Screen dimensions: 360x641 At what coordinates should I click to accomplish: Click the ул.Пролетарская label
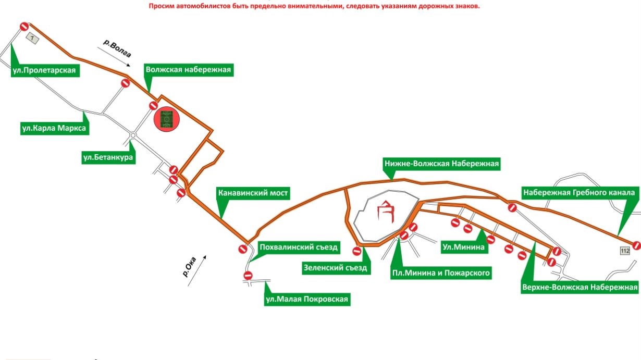tap(45, 71)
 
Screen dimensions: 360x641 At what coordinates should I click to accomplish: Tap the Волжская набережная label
tap(188, 70)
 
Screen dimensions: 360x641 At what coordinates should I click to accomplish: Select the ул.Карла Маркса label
tap(54, 129)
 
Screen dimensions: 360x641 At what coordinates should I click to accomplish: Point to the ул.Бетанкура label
tap(108, 157)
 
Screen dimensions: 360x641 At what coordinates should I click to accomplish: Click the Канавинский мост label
tap(253, 193)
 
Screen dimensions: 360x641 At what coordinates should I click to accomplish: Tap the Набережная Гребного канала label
tap(579, 193)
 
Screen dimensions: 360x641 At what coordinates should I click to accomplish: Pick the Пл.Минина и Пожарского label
tap(441, 272)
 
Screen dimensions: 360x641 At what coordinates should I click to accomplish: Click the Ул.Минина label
tap(463, 247)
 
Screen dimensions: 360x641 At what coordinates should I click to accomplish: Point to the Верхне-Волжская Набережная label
tap(580, 288)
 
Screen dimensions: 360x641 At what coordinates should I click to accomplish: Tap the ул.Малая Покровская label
tap(306, 299)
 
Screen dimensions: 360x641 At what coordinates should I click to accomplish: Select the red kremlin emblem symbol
tap(386, 212)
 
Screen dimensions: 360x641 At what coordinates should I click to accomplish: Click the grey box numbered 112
tap(625, 251)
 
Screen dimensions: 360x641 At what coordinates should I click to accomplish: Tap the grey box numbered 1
tap(33, 39)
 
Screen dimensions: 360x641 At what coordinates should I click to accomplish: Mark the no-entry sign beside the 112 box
tap(636, 245)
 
